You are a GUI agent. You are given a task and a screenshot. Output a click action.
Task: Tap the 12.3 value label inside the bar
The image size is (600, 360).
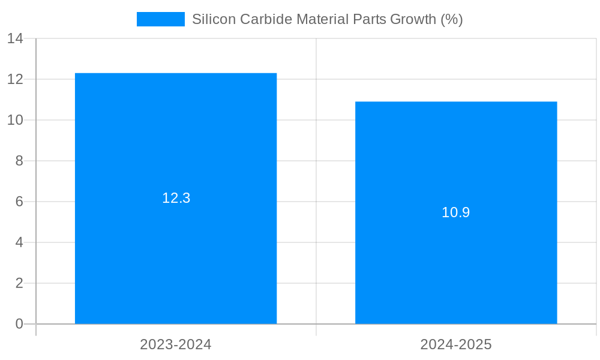coord(176,198)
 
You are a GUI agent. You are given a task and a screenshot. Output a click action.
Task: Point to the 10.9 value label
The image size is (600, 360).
coord(456,212)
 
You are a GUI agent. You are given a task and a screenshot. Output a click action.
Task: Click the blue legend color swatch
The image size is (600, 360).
coord(161,19)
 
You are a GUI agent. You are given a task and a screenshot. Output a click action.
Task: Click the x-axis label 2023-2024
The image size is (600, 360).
coord(176,344)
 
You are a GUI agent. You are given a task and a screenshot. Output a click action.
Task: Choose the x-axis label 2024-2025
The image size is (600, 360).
coord(456,344)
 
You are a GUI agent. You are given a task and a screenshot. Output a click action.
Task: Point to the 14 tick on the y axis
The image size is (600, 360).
coord(15,38)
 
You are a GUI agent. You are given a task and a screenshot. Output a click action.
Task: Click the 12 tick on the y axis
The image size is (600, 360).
coord(15,79)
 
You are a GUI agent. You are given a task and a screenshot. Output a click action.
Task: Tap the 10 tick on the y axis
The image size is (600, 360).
coord(15,120)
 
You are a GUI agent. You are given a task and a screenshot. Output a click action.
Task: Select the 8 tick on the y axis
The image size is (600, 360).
coord(19,161)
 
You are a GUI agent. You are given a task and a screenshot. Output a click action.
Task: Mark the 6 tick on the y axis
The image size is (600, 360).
coord(19,202)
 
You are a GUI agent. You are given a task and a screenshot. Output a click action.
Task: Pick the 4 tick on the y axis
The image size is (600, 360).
coord(19,242)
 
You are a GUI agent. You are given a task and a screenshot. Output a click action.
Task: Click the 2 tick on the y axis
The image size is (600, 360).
coord(19,283)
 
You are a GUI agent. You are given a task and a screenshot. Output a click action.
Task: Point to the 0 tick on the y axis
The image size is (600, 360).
coord(19,324)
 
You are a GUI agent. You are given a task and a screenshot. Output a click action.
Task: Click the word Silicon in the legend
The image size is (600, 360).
coord(214,19)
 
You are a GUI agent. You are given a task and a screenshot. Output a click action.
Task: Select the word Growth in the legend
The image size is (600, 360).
coord(413,19)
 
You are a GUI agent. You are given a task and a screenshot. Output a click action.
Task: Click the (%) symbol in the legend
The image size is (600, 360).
coord(452,19)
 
